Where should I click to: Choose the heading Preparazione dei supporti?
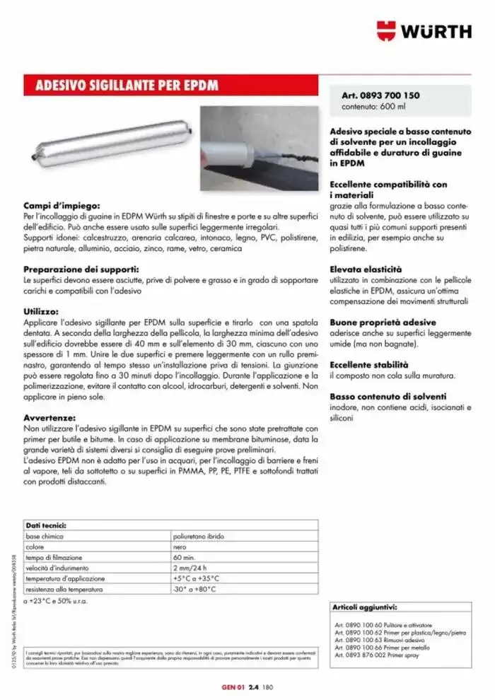81,269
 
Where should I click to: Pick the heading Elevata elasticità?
366,269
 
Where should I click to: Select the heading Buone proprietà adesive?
383,322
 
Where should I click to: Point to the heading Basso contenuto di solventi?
388,397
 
